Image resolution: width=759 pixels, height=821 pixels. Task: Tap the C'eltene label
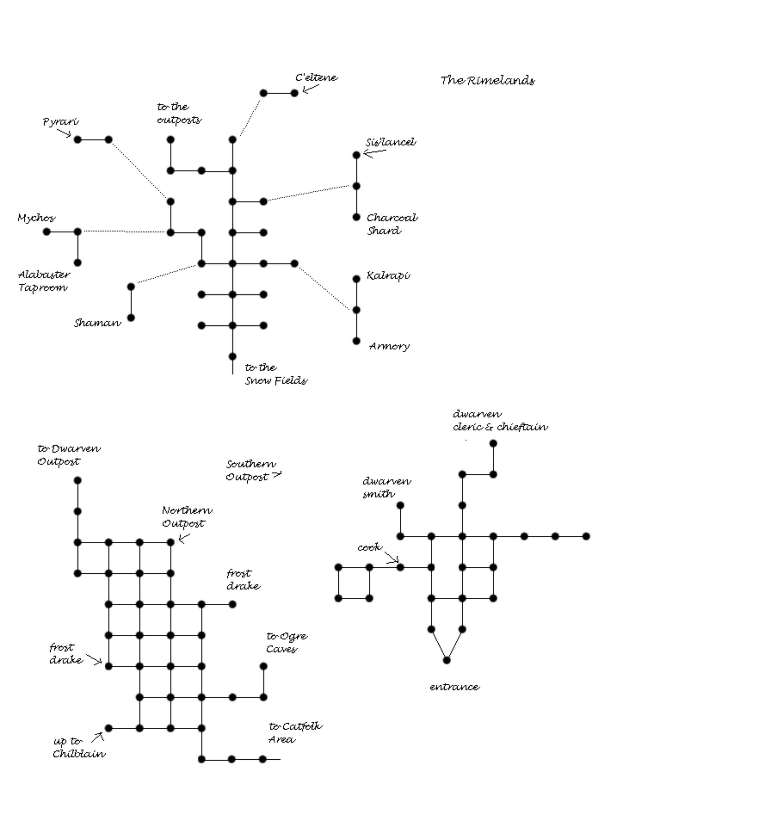[316, 78]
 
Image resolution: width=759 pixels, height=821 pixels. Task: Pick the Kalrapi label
[388, 276]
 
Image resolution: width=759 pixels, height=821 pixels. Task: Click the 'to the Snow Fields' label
[276, 374]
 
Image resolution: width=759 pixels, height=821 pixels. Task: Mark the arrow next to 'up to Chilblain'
[98, 737]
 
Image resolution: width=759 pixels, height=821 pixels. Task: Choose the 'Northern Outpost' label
[187, 517]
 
